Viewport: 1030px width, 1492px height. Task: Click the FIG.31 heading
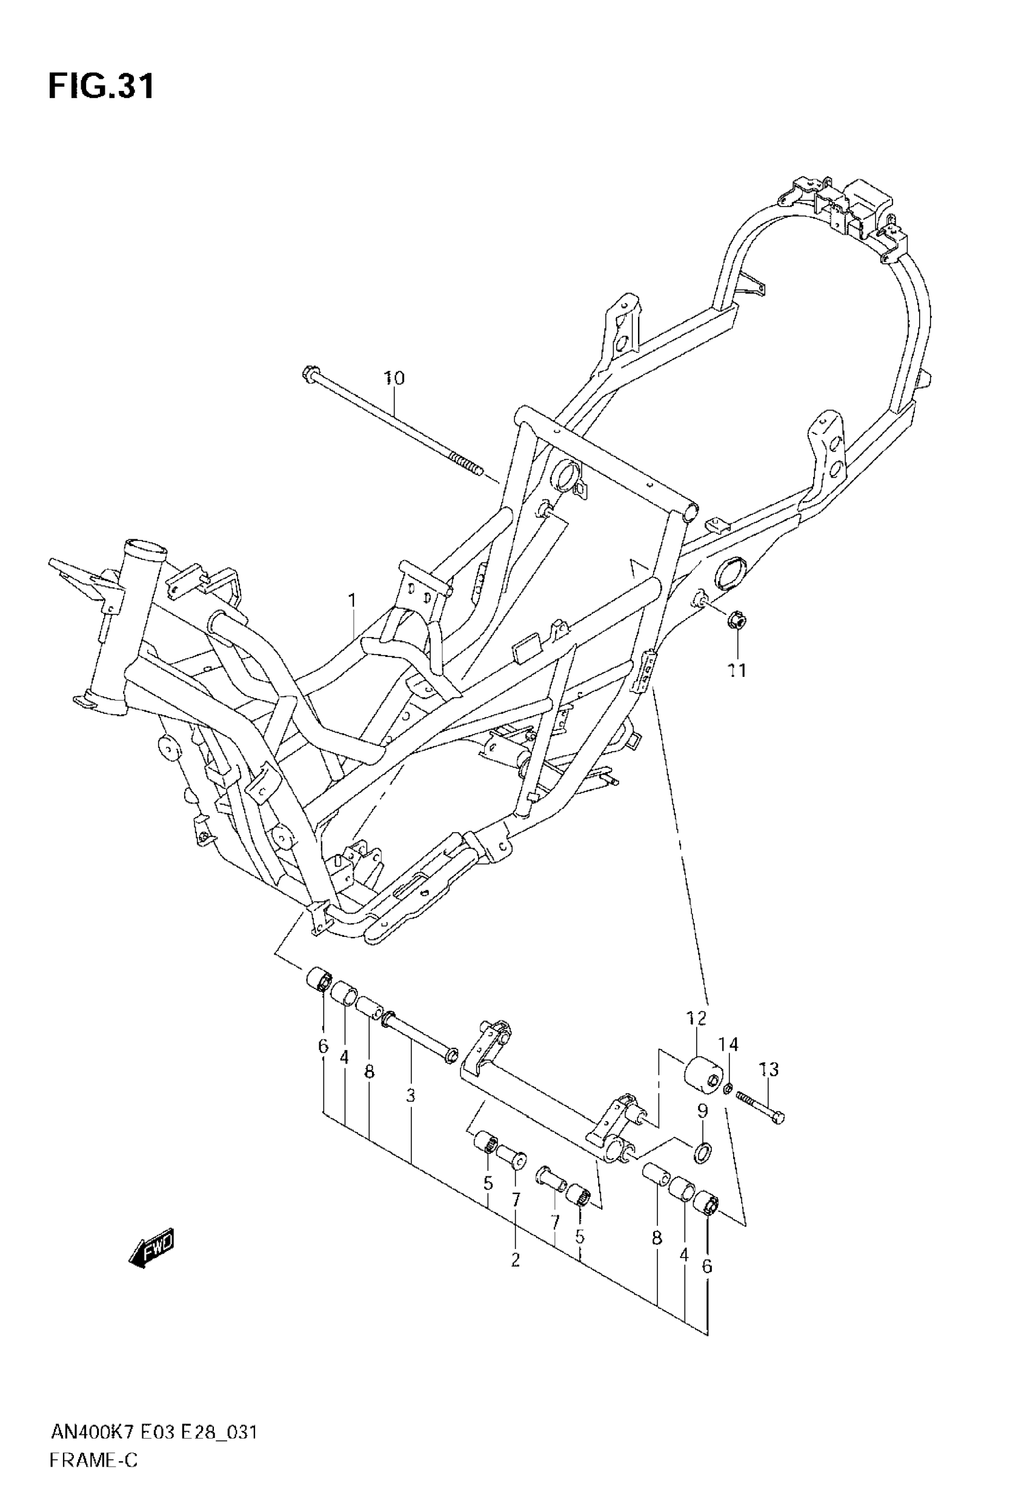coord(101,87)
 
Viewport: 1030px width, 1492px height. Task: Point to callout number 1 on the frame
coord(353,601)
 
